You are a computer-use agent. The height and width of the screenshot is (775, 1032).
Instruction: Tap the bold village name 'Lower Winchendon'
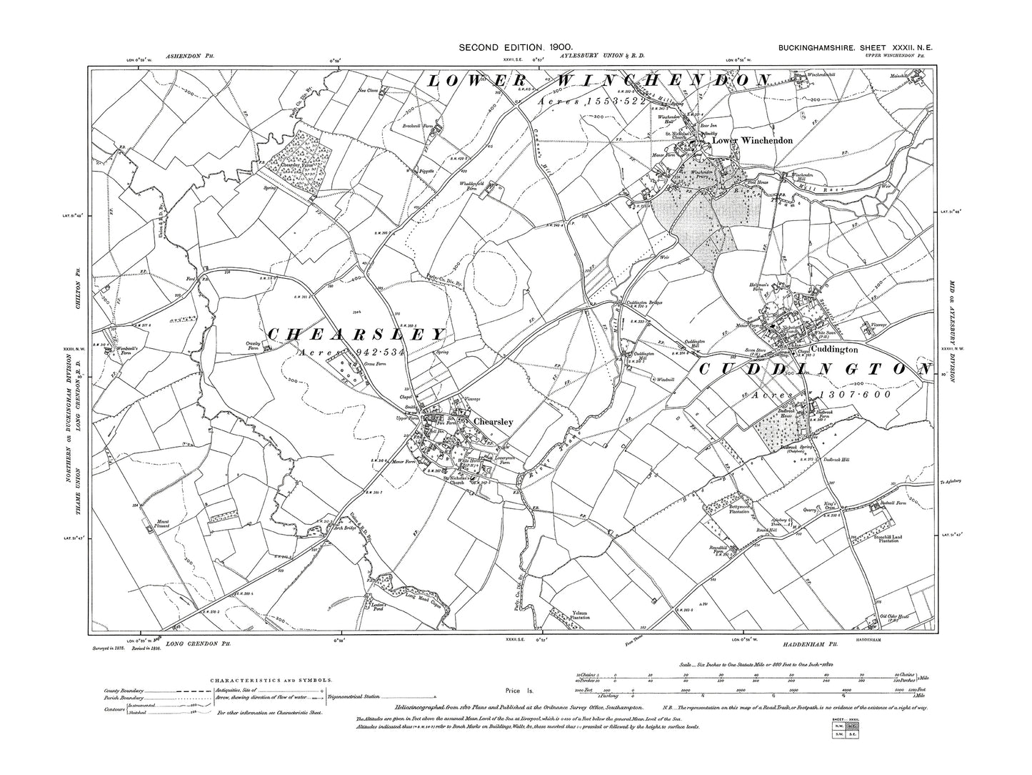point(752,141)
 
